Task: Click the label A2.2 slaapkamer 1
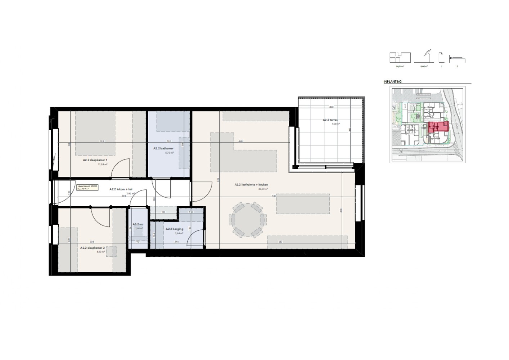point(95,160)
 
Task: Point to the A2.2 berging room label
point(174,229)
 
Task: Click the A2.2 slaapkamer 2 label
point(93,248)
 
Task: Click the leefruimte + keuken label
point(251,185)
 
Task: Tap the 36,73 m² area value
point(263,189)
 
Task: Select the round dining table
point(248,219)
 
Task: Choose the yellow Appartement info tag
point(86,188)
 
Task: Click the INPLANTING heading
point(392,82)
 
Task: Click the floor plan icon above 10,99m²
point(400,58)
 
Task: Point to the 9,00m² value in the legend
point(424,67)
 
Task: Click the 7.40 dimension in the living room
point(274,196)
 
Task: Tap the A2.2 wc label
point(138,224)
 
